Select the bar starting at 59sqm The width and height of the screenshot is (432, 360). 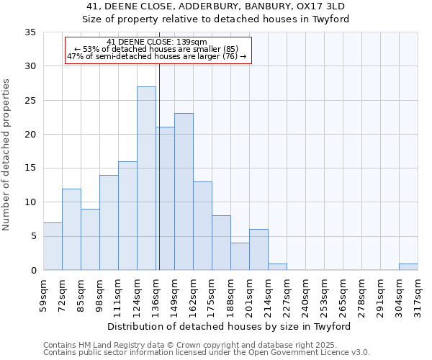click(53, 246)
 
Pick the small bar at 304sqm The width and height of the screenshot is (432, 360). click(408, 267)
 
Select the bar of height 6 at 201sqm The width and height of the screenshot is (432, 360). click(258, 250)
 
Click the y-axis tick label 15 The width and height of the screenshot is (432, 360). click(30, 168)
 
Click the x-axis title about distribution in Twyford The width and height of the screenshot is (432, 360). click(230, 326)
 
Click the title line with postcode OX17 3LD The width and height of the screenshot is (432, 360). click(215, 6)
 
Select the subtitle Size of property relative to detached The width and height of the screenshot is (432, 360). click(215, 19)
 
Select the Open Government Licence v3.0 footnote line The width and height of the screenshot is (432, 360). click(207, 353)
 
